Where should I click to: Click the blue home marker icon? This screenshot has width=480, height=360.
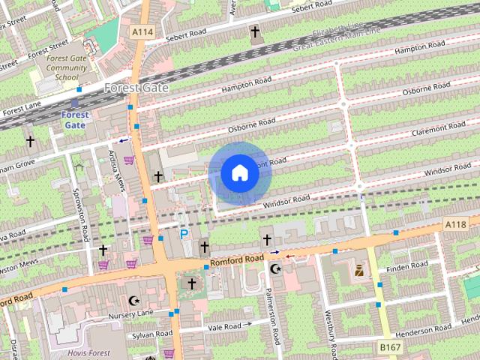(239, 172)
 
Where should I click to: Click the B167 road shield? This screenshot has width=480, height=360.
(388, 348)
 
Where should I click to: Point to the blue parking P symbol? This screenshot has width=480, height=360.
(184, 234)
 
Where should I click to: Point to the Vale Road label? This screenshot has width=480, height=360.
(225, 326)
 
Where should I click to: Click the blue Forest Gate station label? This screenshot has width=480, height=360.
(75, 120)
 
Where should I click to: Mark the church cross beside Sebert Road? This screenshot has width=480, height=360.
(255, 32)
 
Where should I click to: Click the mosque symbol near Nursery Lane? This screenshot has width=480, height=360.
(135, 300)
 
